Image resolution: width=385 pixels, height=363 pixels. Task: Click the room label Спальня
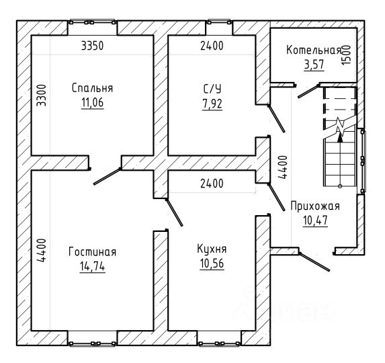tap(92, 88)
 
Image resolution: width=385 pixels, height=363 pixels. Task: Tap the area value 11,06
tap(92, 102)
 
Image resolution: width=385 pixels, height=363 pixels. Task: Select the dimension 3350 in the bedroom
tap(92, 46)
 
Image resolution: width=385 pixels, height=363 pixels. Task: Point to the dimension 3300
tap(41, 95)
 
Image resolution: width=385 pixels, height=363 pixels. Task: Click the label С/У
tap(212, 89)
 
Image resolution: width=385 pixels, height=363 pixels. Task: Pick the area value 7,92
tap(212, 104)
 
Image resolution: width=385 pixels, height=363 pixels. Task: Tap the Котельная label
tap(314, 50)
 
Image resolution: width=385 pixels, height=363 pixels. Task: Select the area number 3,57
tap(314, 65)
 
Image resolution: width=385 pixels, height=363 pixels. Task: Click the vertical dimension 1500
tap(346, 54)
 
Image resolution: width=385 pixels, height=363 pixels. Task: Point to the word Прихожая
tap(315, 206)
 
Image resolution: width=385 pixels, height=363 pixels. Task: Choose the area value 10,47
tap(315, 220)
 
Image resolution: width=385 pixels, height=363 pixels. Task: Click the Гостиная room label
tap(92, 252)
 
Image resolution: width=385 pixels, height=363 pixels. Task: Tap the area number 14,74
tap(92, 266)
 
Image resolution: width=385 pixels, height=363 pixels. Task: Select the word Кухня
tap(212, 249)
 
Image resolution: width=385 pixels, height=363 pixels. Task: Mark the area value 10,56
tap(212, 264)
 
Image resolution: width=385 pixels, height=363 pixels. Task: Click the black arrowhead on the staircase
tap(340, 138)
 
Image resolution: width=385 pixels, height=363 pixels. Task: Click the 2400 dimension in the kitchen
tap(212, 184)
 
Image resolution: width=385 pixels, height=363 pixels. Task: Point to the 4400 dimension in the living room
tap(41, 250)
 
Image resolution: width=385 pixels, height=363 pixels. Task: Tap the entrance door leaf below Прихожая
tap(314, 261)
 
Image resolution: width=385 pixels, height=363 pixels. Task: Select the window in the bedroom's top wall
tap(92, 22)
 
